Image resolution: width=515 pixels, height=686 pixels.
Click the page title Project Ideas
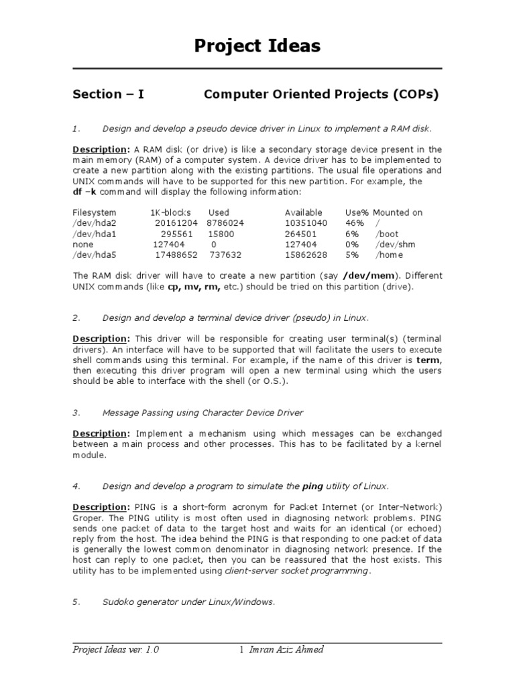coord(257,46)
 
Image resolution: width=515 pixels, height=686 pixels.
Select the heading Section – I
coord(108,94)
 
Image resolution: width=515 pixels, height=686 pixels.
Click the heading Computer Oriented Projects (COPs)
coord(321,94)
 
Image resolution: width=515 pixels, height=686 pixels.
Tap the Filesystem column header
coord(94,212)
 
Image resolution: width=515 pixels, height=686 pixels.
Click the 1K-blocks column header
coord(170,212)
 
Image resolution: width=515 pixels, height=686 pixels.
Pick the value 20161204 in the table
coord(176,223)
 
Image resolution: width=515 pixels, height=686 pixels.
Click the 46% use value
coord(354,223)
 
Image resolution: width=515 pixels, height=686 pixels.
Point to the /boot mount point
coord(388,234)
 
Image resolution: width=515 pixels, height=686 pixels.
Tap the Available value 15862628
coord(306,255)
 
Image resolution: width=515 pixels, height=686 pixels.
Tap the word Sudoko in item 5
coord(119,602)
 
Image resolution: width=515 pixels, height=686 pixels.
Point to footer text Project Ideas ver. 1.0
coord(116,650)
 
